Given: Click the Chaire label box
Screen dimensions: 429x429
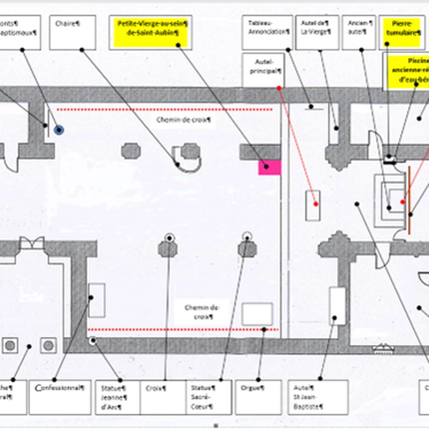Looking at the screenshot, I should tap(72, 32).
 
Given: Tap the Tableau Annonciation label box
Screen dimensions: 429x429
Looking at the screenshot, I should tap(267, 32).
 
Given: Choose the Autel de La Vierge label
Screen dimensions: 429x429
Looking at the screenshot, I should tap(317, 32).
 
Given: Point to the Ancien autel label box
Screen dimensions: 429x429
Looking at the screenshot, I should tap(358, 32).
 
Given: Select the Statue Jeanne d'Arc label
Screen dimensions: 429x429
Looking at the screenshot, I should tap(116, 397).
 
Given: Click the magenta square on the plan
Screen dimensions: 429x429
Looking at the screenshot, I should tap(269, 167).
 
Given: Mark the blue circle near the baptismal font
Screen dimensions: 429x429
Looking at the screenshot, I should tap(59, 130).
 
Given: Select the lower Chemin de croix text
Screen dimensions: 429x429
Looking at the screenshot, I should tap(201, 311).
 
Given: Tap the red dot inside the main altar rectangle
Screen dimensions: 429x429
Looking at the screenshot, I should tap(316, 203).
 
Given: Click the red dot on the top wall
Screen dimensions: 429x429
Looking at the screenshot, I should tap(279, 88).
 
